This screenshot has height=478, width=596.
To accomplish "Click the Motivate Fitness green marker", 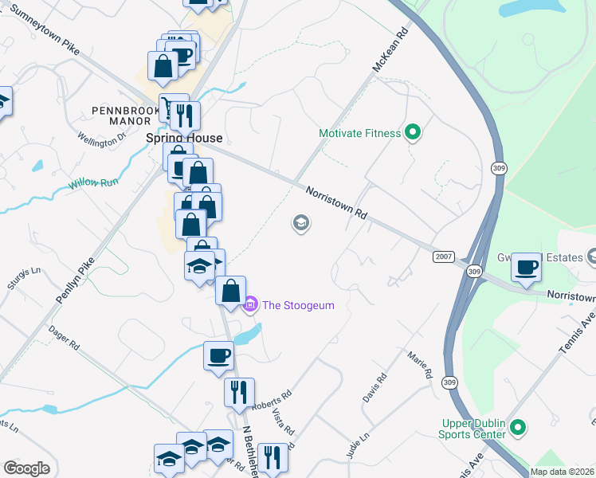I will pos(413,133).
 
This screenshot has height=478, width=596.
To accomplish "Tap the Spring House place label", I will pos(173,138).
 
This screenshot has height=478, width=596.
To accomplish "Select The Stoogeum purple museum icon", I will pos(250,304).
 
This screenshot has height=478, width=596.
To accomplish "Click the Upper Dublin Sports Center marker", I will pos(517,429).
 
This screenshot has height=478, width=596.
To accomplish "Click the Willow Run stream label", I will pos(92,183).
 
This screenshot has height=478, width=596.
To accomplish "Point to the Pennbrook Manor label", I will pos(121,116).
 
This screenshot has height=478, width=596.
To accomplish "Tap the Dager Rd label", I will pos(64,336).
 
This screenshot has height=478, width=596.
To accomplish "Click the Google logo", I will pos(26,468).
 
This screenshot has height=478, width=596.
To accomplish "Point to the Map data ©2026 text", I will pos(562,472).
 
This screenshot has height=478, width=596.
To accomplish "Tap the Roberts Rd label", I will pos(272,399).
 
